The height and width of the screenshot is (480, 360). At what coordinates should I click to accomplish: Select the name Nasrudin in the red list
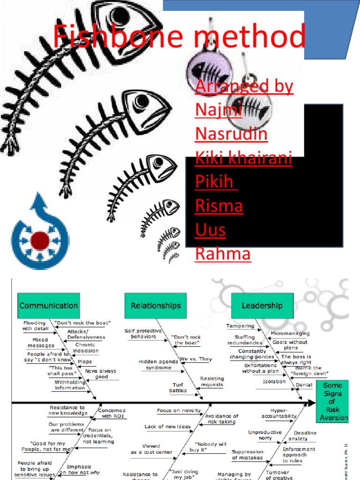coord(231,134)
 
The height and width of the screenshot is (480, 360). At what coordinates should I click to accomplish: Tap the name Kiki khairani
coord(243,158)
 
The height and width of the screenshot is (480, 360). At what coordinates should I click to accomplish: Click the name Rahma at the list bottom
coord(223,254)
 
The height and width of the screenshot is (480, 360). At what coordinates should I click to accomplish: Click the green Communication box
coord(49,306)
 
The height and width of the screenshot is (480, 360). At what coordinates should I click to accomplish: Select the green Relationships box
coord(156,306)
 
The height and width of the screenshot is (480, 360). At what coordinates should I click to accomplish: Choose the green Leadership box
coord(262,306)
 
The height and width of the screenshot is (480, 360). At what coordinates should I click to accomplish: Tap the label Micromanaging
coord(290,334)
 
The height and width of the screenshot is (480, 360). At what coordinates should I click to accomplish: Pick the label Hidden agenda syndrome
coord(158,365)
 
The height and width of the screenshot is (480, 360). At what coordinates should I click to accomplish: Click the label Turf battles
coord(178,388)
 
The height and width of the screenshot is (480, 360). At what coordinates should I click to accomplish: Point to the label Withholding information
coord(70,385)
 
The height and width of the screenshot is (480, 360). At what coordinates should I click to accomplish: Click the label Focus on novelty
coord(179,411)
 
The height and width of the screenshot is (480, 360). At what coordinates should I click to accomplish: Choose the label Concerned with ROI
coord(112,413)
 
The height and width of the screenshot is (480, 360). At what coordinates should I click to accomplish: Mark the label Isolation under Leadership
coord(274,382)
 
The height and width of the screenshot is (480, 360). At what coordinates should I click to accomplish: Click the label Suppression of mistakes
coord(247,455)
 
